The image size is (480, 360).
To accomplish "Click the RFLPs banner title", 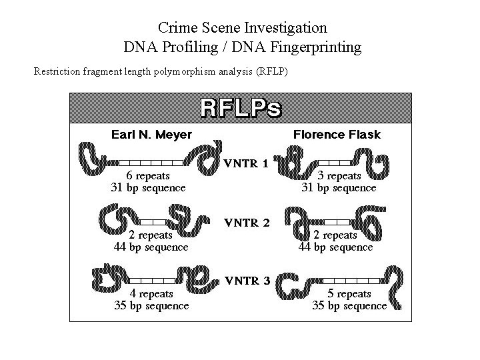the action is (x=241, y=109).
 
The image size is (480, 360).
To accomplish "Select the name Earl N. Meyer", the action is (x=151, y=135).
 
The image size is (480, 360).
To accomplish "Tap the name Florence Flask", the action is (x=337, y=135).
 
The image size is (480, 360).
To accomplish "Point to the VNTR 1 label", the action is (x=246, y=163).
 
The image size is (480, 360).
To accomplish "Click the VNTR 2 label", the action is (x=246, y=223).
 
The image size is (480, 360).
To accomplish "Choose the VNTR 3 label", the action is (x=246, y=281).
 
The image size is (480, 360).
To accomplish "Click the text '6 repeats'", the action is (x=147, y=176).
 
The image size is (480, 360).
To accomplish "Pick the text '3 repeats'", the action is (x=339, y=176).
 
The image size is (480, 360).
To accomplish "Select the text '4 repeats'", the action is (x=151, y=293).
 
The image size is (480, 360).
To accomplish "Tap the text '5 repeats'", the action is (x=349, y=293).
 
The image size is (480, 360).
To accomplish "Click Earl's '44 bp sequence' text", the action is (x=151, y=247).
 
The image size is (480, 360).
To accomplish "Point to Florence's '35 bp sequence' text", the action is (x=349, y=305).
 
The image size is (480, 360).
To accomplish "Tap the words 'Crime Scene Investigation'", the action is (x=243, y=28).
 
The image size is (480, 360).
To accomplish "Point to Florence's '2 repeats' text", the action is (x=335, y=235).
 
